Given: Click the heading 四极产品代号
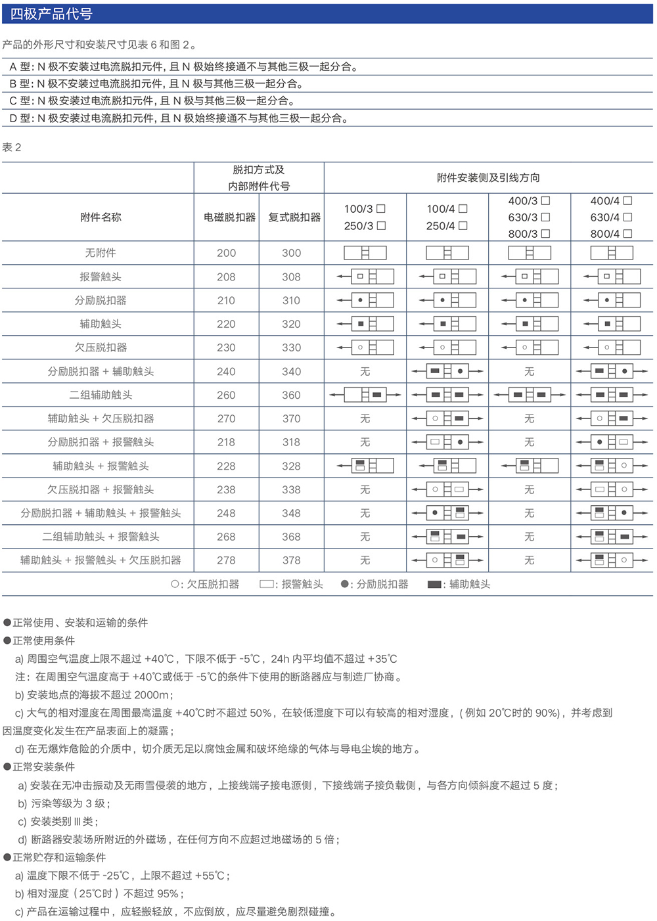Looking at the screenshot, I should (x=51, y=14).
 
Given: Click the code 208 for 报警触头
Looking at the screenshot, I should (x=226, y=277).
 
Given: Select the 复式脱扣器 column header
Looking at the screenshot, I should (x=294, y=217).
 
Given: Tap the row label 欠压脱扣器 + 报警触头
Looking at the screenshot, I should (x=101, y=489).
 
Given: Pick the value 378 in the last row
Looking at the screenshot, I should (x=291, y=560).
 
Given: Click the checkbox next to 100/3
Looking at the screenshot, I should (x=381, y=209).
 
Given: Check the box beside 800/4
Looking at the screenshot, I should (x=627, y=233).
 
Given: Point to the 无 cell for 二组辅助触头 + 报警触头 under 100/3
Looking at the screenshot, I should (x=365, y=537).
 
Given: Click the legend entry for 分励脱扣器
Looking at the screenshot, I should (x=374, y=584).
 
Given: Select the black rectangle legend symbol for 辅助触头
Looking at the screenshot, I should (x=434, y=584).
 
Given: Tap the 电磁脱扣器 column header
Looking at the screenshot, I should (x=229, y=217).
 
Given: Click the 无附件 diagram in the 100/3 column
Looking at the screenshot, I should (x=365, y=253).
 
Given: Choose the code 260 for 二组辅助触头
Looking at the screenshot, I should (x=226, y=395).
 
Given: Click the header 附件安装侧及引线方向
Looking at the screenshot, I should (x=488, y=178).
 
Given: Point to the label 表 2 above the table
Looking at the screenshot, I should (x=12, y=147).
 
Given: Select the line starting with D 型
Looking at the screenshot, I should (x=179, y=118).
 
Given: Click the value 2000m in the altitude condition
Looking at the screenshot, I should (x=152, y=695).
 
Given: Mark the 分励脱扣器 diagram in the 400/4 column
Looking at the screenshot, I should (x=612, y=301).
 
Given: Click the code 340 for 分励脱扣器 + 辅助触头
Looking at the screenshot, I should (x=291, y=371).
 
